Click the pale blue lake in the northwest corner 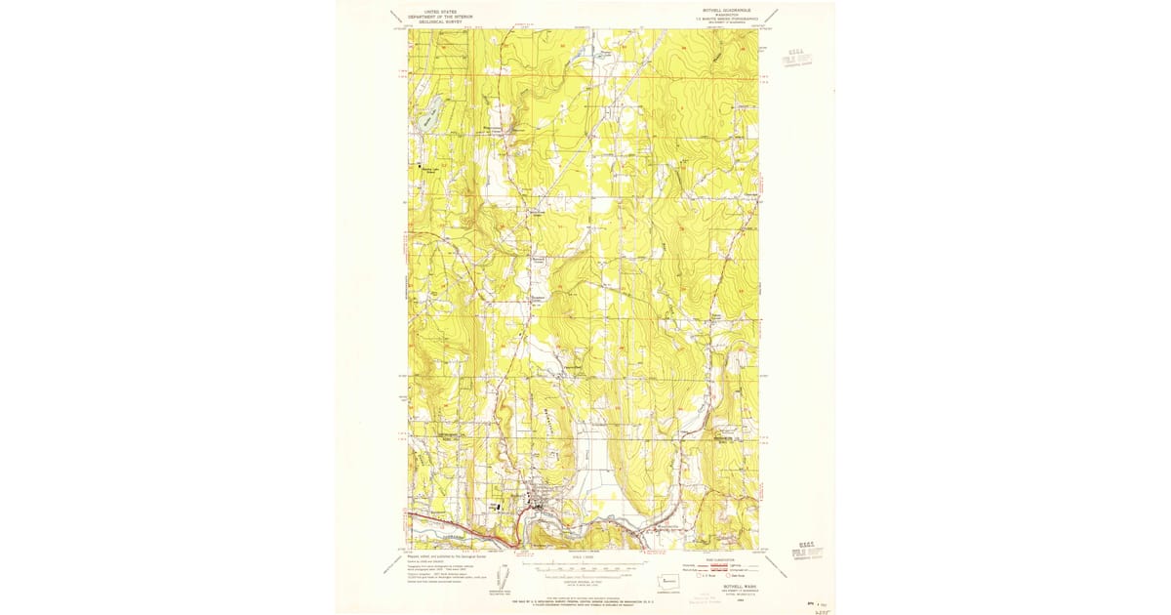(427, 120)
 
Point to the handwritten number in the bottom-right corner (818, 606)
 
